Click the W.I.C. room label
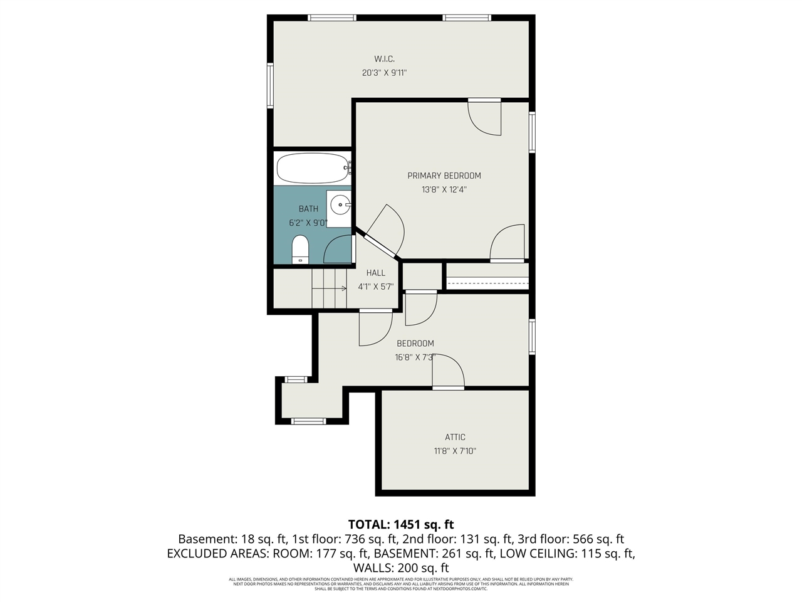(384, 59)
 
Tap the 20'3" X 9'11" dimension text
(384, 73)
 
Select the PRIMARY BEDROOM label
(444, 176)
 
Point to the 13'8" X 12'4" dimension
(444, 189)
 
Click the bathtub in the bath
(312, 167)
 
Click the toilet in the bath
(301, 249)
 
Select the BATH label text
(308, 209)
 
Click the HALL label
(376, 273)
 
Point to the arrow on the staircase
(343, 288)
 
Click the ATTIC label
(455, 437)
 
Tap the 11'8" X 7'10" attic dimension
(455, 451)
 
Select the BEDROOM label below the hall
(415, 344)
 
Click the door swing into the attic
(448, 372)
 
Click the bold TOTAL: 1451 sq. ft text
(401, 524)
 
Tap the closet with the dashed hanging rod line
(487, 277)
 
